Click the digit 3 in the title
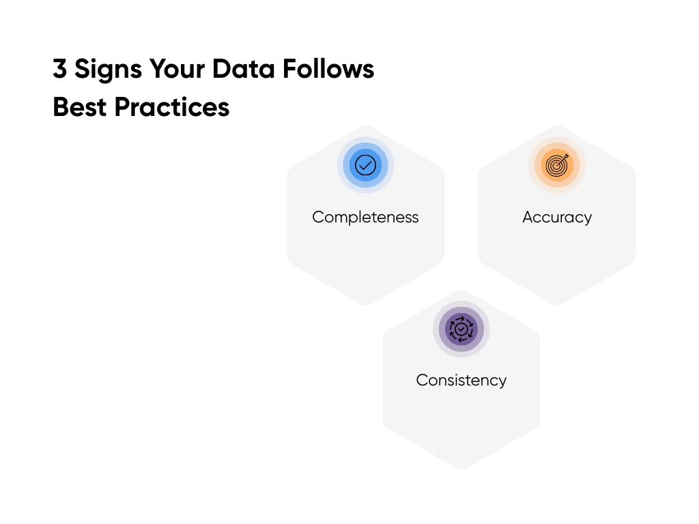click(x=60, y=69)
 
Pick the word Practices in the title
click(x=172, y=107)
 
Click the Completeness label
click(x=365, y=218)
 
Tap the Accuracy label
click(x=557, y=218)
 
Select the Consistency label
click(x=461, y=380)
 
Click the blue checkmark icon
click(x=366, y=165)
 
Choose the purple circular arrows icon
click(x=461, y=329)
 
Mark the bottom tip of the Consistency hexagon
click(x=461, y=468)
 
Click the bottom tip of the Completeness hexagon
click(x=366, y=304)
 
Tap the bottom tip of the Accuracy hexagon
click(x=557, y=304)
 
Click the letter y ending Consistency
click(x=502, y=382)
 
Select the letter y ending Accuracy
click(x=588, y=220)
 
